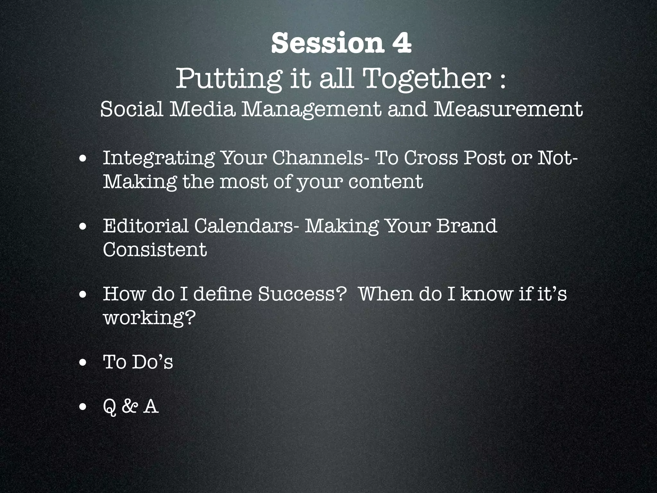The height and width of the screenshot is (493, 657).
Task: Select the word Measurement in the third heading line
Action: tap(508, 109)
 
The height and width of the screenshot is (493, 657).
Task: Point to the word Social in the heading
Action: tap(132, 109)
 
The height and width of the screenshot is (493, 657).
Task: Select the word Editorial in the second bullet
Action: tap(146, 226)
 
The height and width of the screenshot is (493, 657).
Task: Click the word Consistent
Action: tap(155, 250)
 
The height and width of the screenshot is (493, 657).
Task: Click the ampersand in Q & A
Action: tap(130, 407)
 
